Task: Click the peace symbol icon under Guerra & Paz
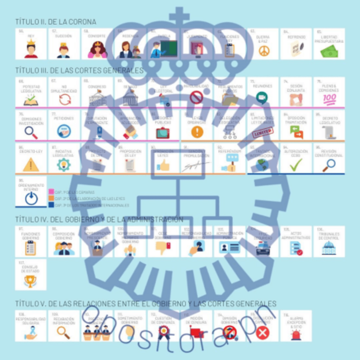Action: [x=264, y=51]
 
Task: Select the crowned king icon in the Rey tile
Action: [x=31, y=50]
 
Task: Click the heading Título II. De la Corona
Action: [x=56, y=21]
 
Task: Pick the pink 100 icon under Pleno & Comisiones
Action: [x=329, y=99]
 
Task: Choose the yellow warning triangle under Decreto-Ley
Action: [x=31, y=164]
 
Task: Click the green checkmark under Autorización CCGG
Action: [x=296, y=164]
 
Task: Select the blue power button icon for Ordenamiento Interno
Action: [x=31, y=198]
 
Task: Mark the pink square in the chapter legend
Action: [x=51, y=192]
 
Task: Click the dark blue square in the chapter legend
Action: [x=51, y=205]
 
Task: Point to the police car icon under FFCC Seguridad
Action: [x=263, y=248]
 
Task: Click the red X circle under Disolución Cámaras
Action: [x=263, y=332]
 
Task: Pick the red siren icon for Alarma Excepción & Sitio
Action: [x=296, y=334]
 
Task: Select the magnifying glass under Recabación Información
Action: [x=64, y=332]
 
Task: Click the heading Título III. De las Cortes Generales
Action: [x=79, y=70]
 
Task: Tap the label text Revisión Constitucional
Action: [x=329, y=153]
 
